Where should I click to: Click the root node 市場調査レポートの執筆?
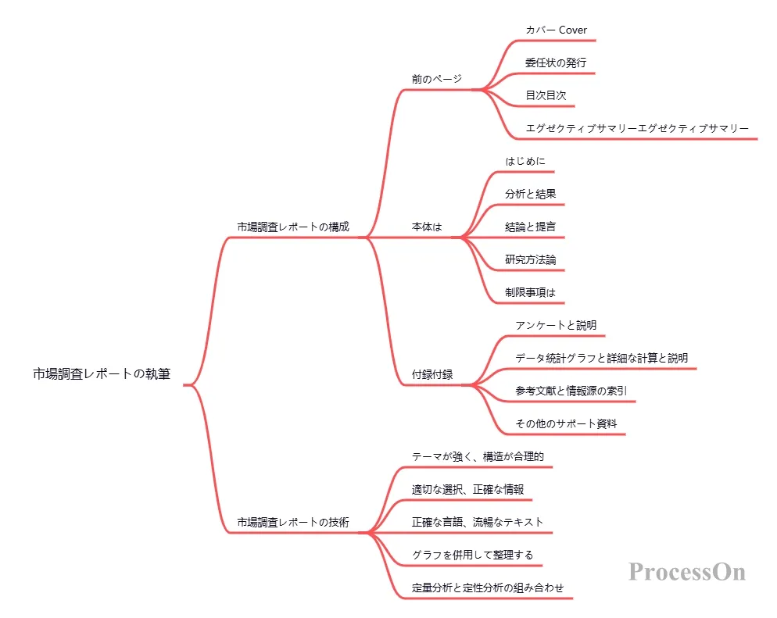coord(102,374)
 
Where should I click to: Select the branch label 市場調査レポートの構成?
coord(293,227)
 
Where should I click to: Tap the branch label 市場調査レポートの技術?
coord(293,522)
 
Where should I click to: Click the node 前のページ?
coord(437,79)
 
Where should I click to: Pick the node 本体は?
coord(427,227)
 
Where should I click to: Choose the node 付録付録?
coord(432,374)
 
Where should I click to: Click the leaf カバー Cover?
coord(557,30)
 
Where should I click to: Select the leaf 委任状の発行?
coord(556,63)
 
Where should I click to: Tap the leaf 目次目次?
coord(546,95)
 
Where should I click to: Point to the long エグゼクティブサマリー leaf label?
coord(638,128)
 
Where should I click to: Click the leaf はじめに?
coord(525,161)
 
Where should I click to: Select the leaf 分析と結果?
coord(530,194)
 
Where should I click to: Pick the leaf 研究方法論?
coord(530,259)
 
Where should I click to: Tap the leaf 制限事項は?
coord(530,292)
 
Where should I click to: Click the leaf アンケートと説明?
coord(556,325)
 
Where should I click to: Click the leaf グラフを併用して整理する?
coord(473,555)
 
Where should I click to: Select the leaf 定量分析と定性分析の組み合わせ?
coord(488,588)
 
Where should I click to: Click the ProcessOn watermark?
coord(687,572)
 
